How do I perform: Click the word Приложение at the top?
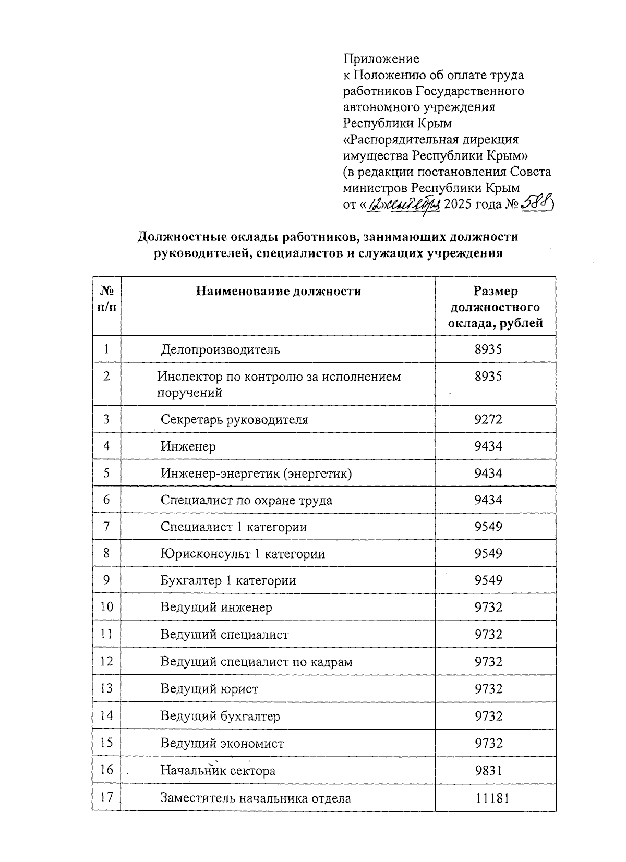pos(381,58)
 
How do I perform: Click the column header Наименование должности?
pos(278,291)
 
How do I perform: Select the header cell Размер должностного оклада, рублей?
pos(495,307)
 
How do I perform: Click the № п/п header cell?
pos(106,298)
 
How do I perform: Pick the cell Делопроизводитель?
pos(220,349)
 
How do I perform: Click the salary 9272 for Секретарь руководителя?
pos(488,419)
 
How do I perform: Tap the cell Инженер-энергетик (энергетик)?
pos(256,474)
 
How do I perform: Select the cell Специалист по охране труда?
pos(246,500)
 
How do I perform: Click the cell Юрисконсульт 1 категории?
pos(243,554)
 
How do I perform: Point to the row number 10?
pos(106,607)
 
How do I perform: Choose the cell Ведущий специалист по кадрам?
pos(256,662)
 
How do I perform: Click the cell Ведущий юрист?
pos(209,689)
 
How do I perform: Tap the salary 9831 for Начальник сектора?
pos(488,770)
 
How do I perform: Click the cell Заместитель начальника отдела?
pos(256,798)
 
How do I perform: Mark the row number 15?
pos(106,743)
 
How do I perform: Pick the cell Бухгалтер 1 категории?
pos(228,580)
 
